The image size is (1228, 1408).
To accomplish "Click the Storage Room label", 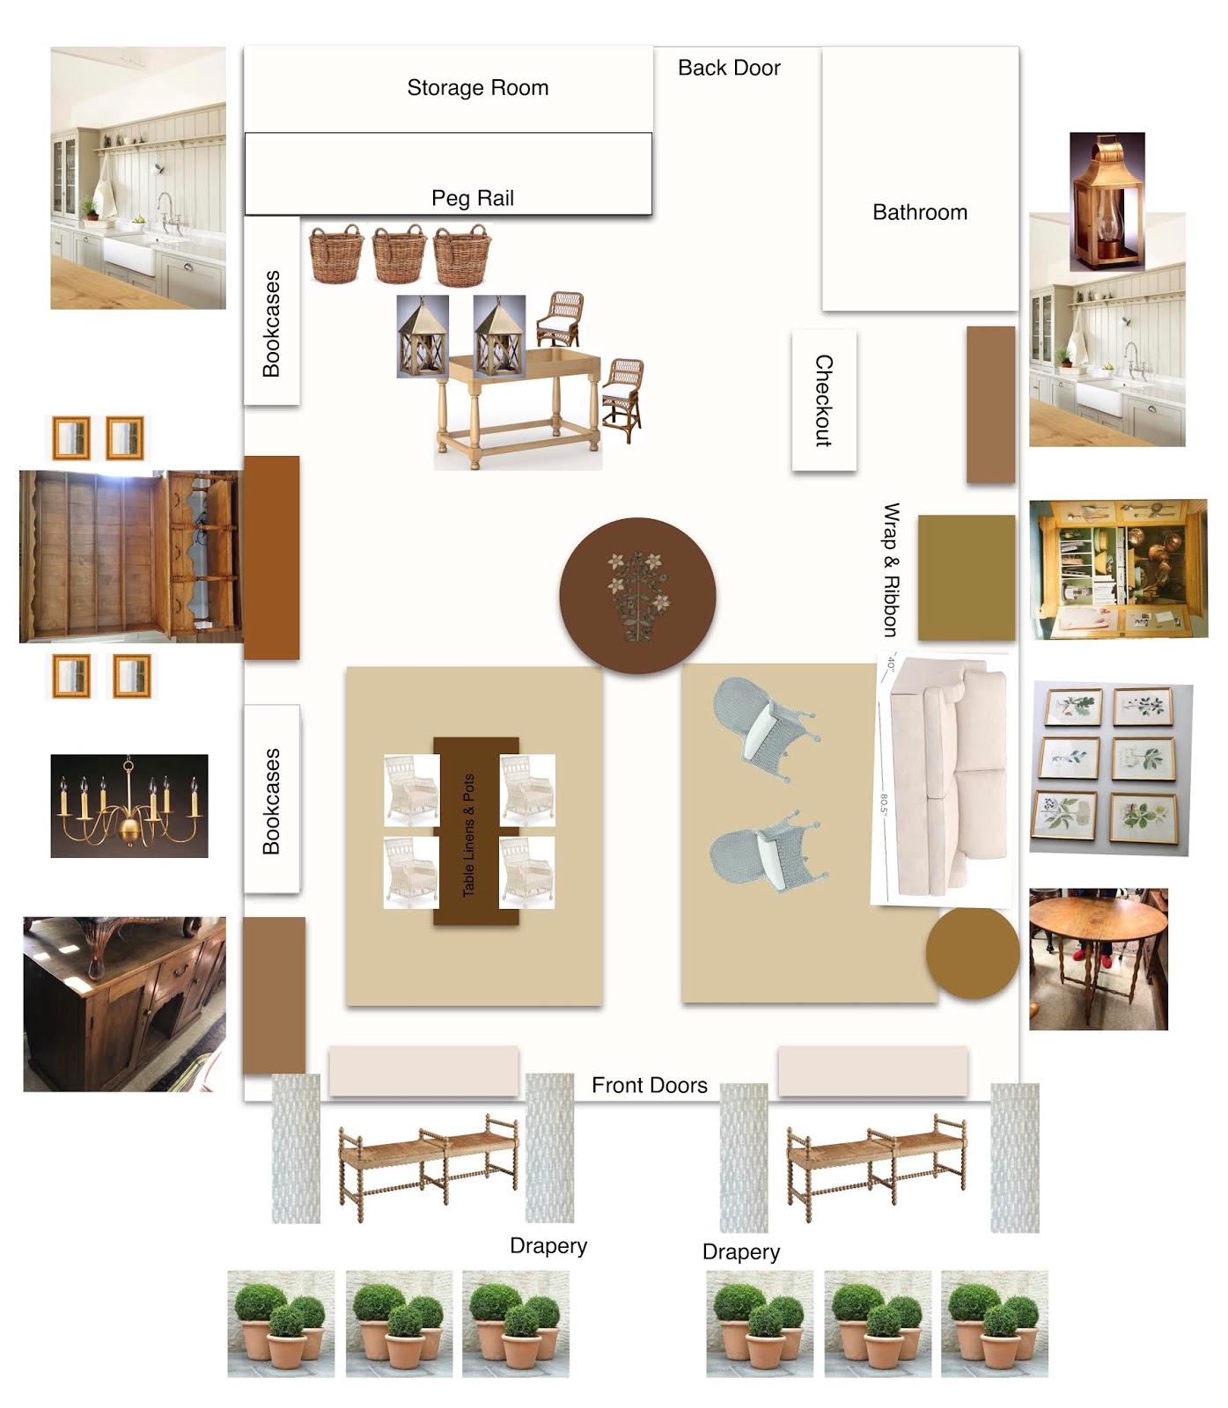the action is click(x=477, y=88).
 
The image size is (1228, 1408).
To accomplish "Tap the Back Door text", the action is click(x=729, y=68).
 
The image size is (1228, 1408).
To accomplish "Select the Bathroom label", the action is click(x=920, y=212).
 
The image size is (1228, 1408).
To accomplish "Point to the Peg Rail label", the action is click(x=473, y=198).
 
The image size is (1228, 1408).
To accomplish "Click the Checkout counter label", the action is click(x=824, y=400).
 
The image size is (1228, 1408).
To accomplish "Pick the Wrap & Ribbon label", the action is click(x=892, y=569).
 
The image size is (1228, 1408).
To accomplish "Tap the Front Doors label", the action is click(x=650, y=1085).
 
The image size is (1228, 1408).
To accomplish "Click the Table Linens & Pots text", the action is click(x=468, y=835).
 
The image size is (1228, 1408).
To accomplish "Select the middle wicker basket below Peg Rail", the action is click(x=399, y=254).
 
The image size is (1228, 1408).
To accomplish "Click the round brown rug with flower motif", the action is click(x=637, y=596).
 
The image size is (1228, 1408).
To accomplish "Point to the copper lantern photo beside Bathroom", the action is click(x=1107, y=202).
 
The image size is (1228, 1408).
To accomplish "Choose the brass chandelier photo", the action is click(x=129, y=805).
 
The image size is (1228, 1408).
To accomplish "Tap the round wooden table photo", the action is click(x=1099, y=958).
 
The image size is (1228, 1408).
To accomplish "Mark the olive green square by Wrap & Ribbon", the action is click(x=967, y=577).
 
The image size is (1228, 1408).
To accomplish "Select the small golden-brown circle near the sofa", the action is click(x=972, y=953).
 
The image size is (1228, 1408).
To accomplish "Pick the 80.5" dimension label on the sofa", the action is click(x=884, y=804).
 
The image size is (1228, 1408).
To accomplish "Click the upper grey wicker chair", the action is click(x=763, y=730).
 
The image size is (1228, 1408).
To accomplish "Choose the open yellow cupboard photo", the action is click(x=1119, y=569).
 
